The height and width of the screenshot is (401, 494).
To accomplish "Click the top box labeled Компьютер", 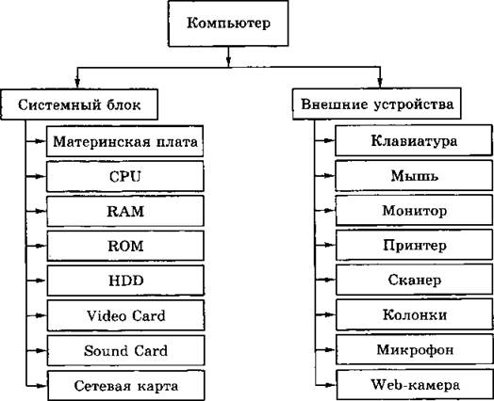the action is tap(228, 24).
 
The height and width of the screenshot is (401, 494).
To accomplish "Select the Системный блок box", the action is tap(79, 104).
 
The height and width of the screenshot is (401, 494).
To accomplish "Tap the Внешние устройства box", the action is tap(377, 104).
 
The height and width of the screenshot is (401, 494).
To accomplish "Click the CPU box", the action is tap(125, 176).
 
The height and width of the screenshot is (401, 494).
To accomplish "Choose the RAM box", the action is tap(125, 211).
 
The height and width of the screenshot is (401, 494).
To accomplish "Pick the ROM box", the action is tap(125, 246).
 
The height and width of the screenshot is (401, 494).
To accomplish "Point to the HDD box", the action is tap(125, 281).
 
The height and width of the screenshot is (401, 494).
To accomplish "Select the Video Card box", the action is tap(126, 315).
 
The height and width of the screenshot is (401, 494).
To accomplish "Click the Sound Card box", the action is tap(126, 350).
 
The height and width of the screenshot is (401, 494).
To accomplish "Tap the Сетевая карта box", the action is tap(126, 386).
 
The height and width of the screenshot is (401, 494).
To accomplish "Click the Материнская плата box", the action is tap(124, 141).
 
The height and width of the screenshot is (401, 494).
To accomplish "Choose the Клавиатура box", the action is tap(414, 140).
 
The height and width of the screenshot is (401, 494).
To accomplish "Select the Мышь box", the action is tap(414, 175).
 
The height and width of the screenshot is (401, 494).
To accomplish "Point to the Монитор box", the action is tap(414, 211).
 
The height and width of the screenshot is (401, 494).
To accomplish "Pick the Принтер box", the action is tap(415, 246).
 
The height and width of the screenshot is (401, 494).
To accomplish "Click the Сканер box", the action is tap(415, 280).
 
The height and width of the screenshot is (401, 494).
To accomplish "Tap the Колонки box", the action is tap(415, 314).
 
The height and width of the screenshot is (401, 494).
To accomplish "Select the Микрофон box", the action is tap(415, 350).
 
